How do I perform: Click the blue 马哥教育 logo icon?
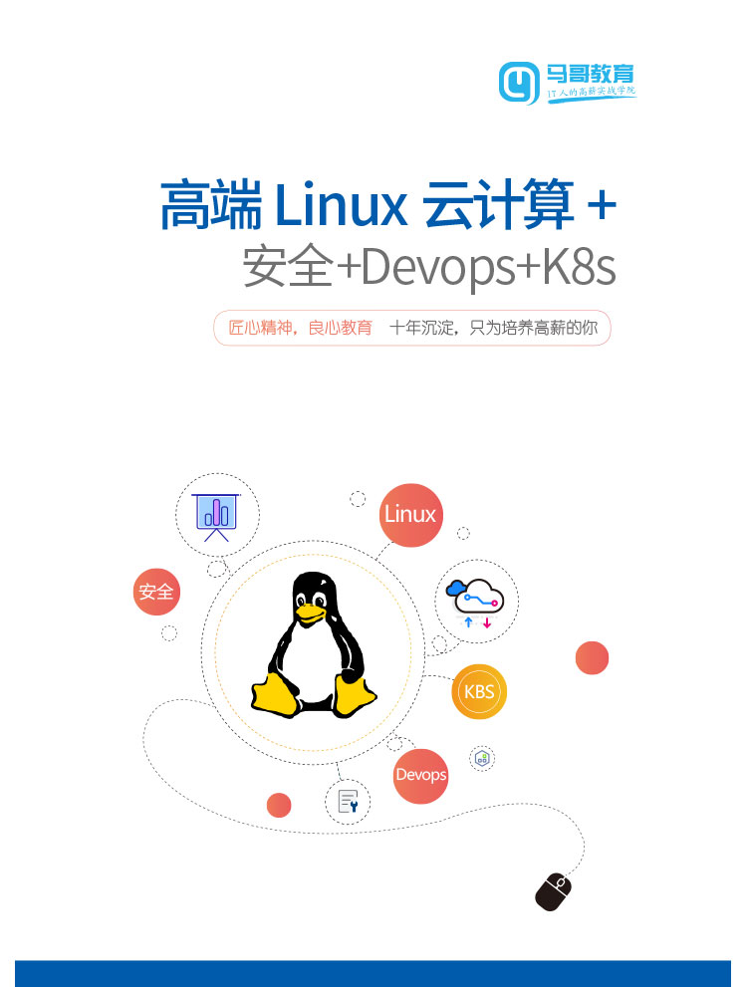tap(519, 83)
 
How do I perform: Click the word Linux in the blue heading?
tap(341, 205)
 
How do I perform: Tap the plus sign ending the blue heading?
tap(601, 205)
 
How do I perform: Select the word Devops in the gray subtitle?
tap(438, 268)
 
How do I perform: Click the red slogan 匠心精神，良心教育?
tap(300, 328)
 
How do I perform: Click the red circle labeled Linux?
tap(411, 515)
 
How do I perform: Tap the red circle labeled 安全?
tap(156, 592)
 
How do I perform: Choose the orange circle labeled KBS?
tap(479, 692)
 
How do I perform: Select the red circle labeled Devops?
tap(421, 776)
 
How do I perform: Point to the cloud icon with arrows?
tap(476, 603)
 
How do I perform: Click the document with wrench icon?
tap(348, 802)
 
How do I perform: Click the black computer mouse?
tap(553, 891)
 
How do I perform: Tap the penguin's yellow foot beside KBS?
tap(356, 694)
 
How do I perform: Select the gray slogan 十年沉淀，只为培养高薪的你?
tap(493, 328)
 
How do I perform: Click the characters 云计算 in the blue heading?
tap(498, 204)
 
